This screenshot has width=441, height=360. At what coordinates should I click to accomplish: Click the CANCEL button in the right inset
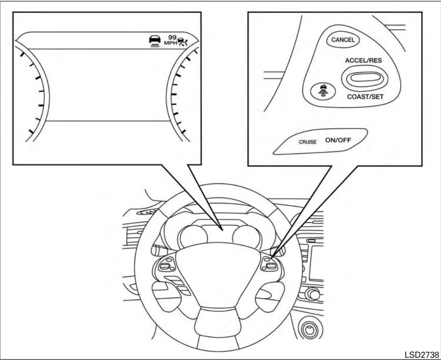(343, 39)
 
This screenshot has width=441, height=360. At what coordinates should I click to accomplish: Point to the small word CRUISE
(307, 143)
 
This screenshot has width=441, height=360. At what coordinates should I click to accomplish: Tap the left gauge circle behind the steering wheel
(192, 236)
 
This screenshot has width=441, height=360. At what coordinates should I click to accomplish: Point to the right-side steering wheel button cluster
(269, 265)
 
